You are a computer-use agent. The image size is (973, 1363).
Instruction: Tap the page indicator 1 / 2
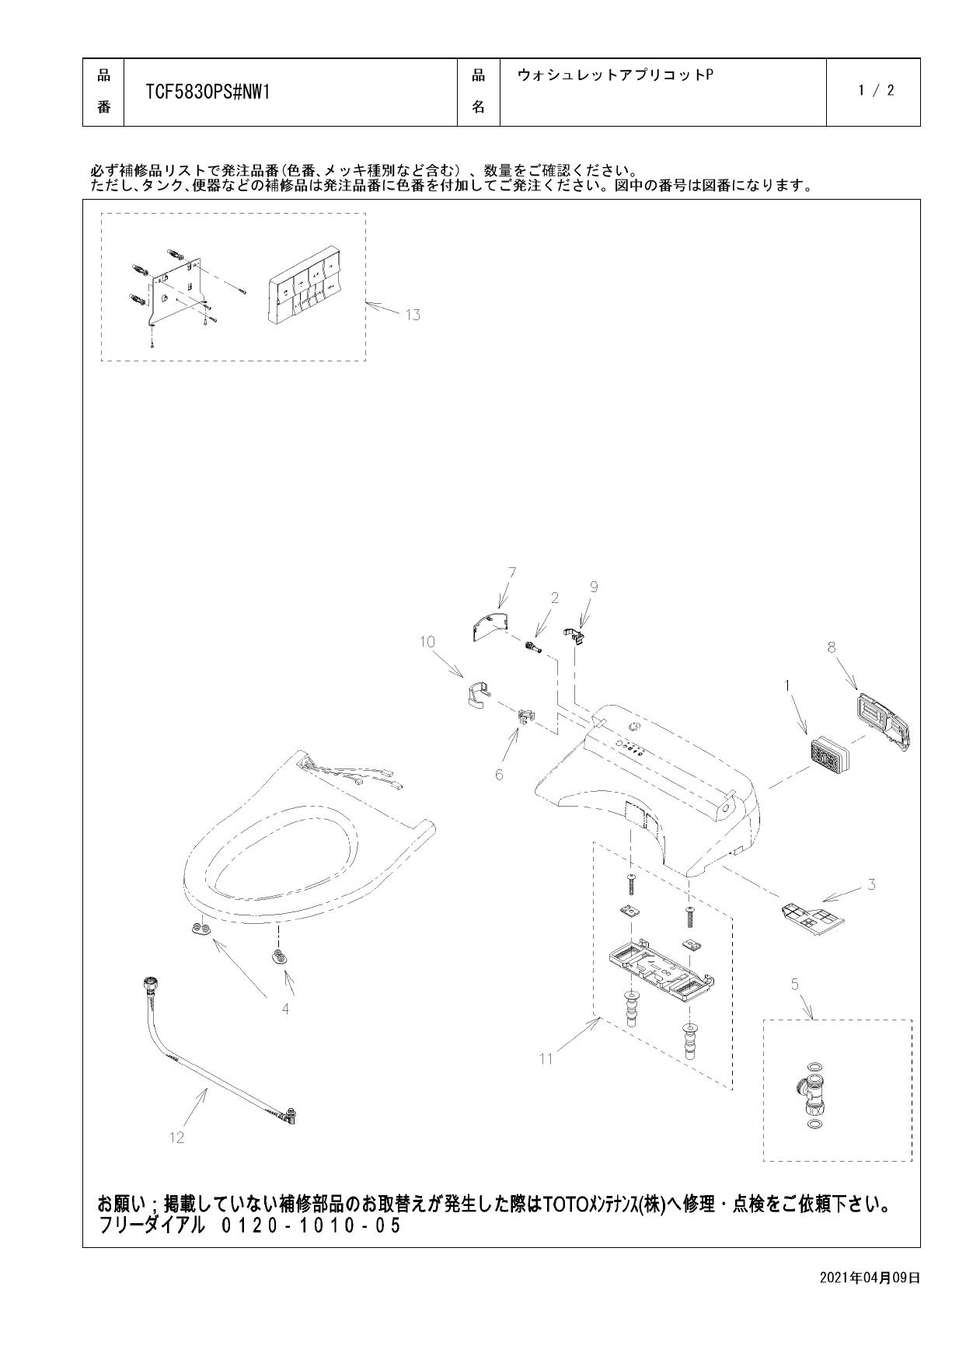[876, 91]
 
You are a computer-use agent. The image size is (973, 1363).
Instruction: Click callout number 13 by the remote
[412, 315]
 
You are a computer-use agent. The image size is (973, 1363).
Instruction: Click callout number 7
[511, 573]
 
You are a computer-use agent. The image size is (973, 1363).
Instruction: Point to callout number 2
[554, 598]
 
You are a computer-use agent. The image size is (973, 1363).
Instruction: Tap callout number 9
[594, 587]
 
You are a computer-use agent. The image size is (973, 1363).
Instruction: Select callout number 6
[499, 775]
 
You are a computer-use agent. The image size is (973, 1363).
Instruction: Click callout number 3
[871, 884]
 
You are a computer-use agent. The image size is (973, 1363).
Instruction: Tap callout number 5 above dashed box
[794, 985]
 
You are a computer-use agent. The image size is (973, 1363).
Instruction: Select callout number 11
[546, 1058]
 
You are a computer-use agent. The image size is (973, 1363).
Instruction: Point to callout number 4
[285, 1009]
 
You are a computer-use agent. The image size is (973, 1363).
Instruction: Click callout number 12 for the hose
[176, 1138]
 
